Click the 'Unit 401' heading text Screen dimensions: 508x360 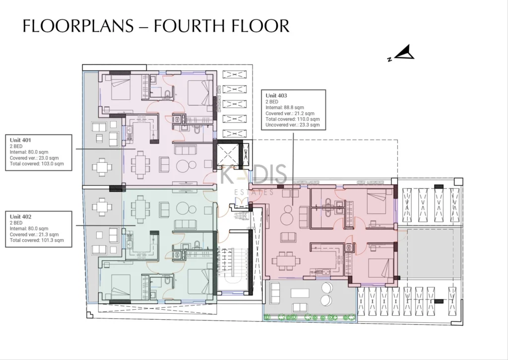(x=20, y=140)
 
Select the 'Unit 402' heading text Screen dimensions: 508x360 (x=20, y=216)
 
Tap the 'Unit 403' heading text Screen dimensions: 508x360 (x=276, y=95)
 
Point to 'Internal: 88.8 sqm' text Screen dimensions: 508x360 (x=285, y=107)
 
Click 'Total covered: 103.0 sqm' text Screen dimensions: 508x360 (x=37, y=164)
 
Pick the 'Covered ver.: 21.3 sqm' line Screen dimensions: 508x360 (x=34, y=234)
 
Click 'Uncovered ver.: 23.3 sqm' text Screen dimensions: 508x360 (x=293, y=125)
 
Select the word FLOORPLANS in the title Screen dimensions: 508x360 (x=78, y=26)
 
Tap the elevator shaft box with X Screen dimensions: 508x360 (x=227, y=154)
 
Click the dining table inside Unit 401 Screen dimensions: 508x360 (x=140, y=165)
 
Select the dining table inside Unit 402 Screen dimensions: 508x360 (x=140, y=210)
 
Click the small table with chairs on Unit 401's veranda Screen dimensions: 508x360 (x=102, y=167)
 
